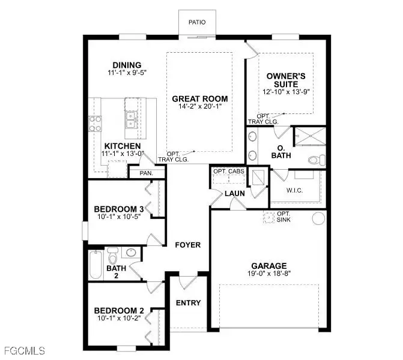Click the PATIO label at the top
[x=197, y=22]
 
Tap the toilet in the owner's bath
[x=314, y=160]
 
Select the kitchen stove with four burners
[x=95, y=122]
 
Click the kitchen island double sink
[x=131, y=120]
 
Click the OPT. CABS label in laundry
[x=228, y=172]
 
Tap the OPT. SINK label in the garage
[x=284, y=218]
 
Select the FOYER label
[x=187, y=245]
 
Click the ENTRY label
[x=189, y=302]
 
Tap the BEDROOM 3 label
[x=118, y=209]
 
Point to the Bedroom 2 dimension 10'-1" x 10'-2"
[x=118, y=319]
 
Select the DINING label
[x=127, y=65]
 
